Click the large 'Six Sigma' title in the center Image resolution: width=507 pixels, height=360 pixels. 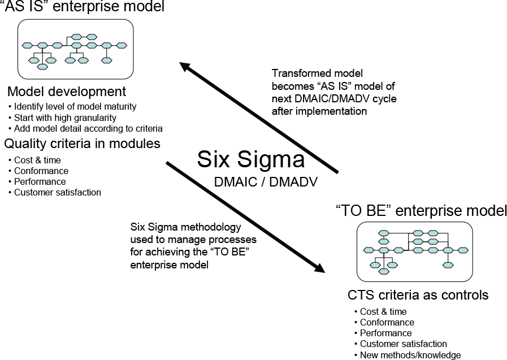(251, 159)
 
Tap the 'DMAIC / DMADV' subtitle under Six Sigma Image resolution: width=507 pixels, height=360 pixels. (266, 182)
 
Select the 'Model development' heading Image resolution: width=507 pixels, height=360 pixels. (67, 92)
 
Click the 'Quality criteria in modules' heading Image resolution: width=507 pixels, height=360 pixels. (82, 144)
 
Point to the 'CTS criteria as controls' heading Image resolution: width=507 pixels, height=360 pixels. (418, 295)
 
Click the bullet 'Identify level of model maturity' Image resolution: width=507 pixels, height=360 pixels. (75, 107)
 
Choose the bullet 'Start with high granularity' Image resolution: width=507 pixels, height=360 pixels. (65, 118)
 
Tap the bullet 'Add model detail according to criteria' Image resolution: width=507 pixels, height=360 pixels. (88, 129)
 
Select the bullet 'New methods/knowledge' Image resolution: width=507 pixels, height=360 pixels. (410, 355)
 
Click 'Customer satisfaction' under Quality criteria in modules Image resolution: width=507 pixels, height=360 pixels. (58, 193)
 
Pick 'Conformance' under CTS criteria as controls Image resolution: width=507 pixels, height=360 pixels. (387, 323)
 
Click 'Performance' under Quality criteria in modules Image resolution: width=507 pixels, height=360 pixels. (40, 181)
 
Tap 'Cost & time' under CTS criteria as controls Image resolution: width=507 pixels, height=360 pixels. (383, 312)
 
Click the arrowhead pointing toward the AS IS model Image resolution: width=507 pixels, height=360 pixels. (185, 67)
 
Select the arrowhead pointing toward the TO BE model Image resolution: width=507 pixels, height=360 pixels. (319, 268)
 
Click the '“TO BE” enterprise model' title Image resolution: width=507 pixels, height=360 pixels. (421, 211)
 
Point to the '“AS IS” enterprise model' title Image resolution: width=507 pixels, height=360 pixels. (83, 6)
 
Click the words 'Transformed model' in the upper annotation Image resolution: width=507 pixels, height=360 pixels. (317, 73)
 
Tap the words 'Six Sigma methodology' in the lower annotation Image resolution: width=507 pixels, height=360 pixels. (185, 227)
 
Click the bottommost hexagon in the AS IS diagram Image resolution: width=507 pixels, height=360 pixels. (42, 67)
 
